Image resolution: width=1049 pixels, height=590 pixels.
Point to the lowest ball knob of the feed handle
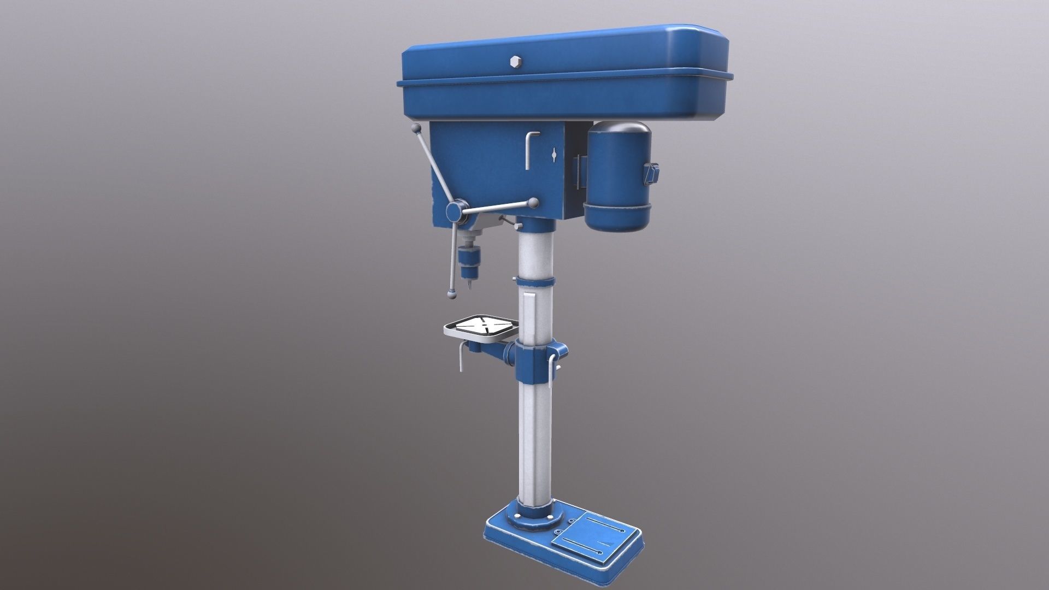(x=452, y=294)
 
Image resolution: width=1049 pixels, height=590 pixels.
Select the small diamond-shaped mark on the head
(x=555, y=155)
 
